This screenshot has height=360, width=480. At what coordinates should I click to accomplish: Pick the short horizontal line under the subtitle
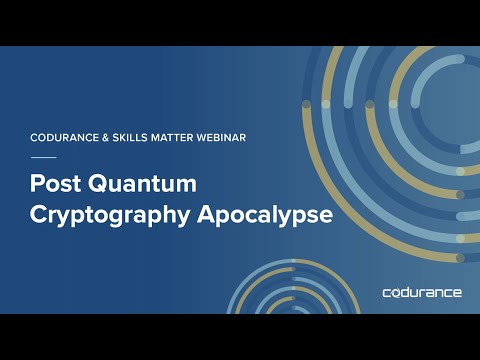tap(44, 158)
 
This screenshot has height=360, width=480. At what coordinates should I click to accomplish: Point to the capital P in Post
tap(39, 185)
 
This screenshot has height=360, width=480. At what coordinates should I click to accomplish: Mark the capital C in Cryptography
tap(40, 215)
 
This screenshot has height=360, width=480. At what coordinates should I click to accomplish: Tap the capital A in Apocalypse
tap(219, 215)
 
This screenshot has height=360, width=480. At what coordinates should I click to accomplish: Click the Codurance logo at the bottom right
tap(422, 293)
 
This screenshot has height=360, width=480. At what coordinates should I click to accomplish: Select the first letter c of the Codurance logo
tap(387, 293)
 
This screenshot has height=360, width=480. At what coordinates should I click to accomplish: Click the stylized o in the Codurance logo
tap(397, 293)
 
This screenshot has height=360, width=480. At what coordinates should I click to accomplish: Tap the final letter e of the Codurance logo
tap(457, 293)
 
